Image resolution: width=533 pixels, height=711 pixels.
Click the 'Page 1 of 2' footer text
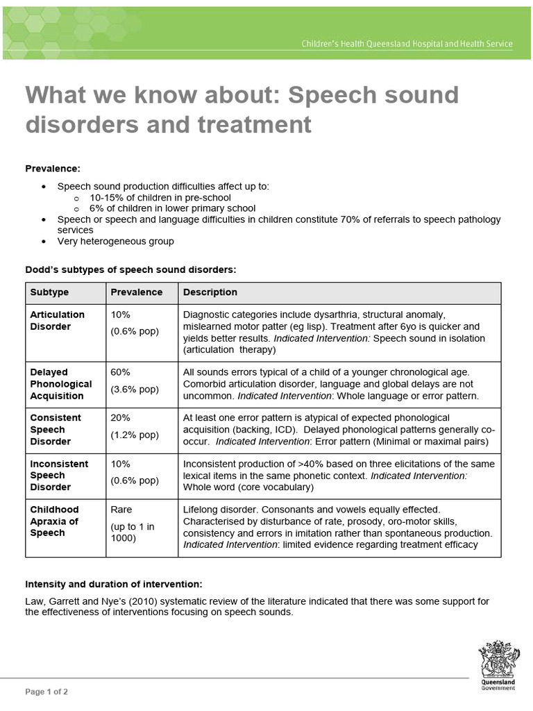pos(46,692)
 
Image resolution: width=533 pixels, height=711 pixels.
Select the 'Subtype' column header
pos(49,292)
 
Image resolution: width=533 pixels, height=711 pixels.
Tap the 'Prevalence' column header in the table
pos(137,292)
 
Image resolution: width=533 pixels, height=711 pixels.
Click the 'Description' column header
pos(210,292)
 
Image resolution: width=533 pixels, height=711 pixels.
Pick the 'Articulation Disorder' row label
pos(57,320)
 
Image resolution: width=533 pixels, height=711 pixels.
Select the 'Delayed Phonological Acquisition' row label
pos(60,384)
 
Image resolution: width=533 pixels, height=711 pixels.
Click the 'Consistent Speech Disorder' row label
pos(56,429)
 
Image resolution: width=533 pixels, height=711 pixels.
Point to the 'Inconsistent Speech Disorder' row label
pos(59,475)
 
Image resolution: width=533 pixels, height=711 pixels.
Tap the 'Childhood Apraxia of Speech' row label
pos(54,521)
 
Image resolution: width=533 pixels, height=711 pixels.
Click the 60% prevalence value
pos(121,372)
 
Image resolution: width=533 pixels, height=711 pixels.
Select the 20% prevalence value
pos(121,418)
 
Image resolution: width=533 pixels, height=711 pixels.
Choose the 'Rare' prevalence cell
pos(121,510)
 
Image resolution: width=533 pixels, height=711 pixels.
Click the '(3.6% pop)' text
pos(135,389)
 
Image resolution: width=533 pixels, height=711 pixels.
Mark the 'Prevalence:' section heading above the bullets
pos(53,168)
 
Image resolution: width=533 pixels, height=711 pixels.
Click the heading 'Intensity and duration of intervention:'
pos(114,583)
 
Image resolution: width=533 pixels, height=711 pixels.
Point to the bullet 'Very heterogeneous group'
pos(115,241)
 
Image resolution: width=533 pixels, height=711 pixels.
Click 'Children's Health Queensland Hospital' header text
pos(407,44)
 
